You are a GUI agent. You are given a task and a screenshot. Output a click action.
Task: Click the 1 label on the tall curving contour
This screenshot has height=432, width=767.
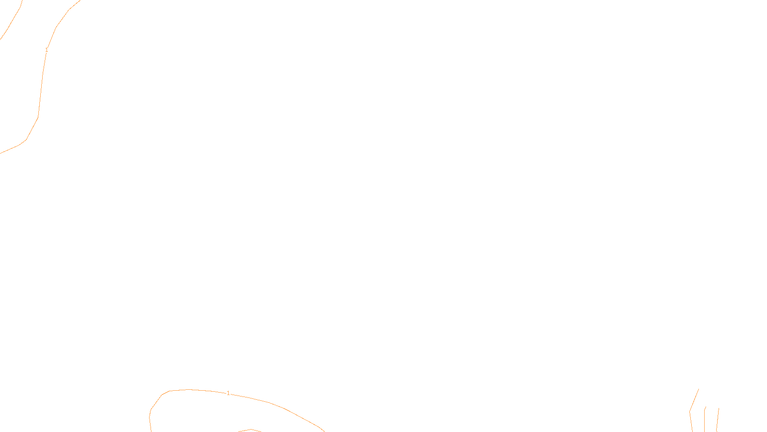[46, 50]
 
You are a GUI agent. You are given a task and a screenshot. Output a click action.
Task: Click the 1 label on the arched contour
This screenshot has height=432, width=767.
[228, 393]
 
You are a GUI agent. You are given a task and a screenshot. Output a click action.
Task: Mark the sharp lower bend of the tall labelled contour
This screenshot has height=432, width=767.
[26, 139]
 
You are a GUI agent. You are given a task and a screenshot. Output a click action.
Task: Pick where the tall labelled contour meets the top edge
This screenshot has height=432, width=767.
[80, 0]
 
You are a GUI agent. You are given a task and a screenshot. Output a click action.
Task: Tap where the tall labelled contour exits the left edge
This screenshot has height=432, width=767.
[1, 153]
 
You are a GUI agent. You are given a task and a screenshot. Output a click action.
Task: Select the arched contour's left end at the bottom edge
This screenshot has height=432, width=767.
[151, 431]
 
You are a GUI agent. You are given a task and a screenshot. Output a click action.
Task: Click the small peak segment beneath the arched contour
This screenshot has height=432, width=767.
[251, 430]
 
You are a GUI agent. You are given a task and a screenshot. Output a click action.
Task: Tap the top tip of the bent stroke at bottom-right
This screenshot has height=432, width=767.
[698, 389]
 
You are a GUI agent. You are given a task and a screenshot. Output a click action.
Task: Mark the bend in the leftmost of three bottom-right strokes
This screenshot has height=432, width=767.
[690, 411]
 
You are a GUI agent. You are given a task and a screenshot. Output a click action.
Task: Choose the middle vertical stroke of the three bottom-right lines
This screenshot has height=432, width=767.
[704, 420]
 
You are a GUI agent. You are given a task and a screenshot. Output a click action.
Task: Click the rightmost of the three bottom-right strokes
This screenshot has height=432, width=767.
[718, 420]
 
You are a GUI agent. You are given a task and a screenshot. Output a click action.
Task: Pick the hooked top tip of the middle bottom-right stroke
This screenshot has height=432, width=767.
[706, 407]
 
